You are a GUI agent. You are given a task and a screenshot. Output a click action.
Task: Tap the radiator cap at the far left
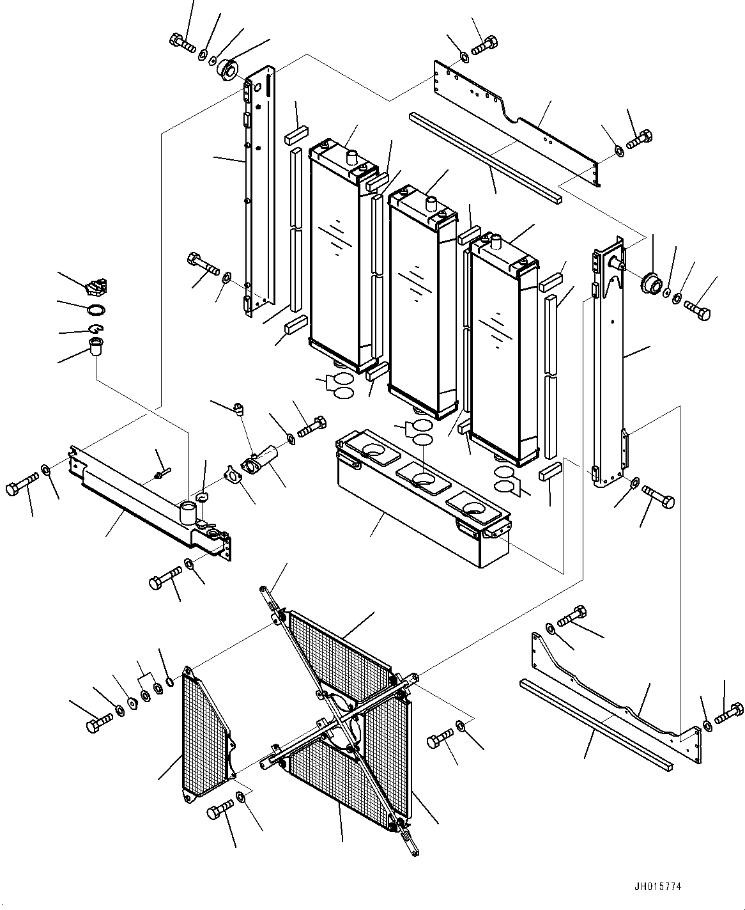click(x=96, y=286)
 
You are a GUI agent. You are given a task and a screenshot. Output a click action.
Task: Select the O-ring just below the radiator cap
click(x=96, y=310)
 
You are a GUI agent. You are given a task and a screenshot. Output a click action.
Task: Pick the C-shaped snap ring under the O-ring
click(x=96, y=329)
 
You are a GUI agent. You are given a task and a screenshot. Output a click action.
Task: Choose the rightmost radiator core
click(x=504, y=350)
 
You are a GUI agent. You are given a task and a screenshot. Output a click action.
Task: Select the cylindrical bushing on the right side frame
click(x=652, y=285)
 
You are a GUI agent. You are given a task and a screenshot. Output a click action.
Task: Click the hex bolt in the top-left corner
click(x=183, y=42)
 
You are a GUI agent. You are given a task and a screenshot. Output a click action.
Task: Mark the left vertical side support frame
click(x=258, y=190)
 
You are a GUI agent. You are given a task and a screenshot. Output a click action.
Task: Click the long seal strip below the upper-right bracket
click(x=485, y=158)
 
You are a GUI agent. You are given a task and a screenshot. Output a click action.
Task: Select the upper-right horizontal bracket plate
click(x=516, y=123)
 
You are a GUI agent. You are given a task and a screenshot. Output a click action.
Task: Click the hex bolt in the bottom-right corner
click(x=729, y=714)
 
